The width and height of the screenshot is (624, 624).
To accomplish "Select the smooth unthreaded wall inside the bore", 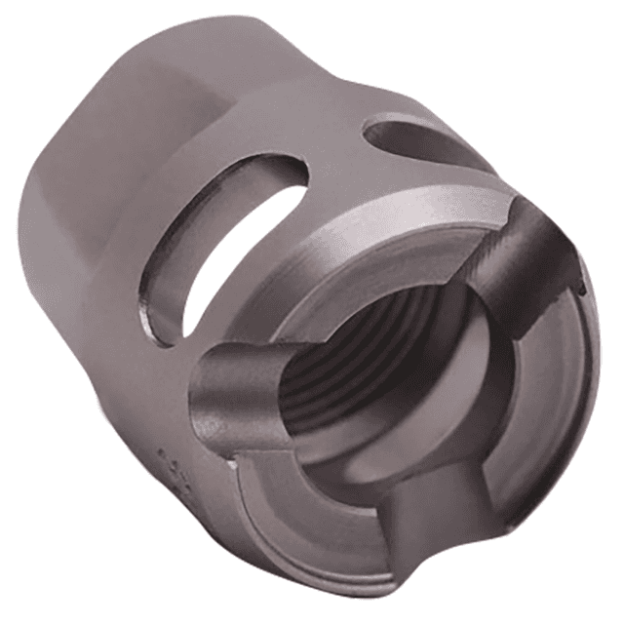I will click(439, 390).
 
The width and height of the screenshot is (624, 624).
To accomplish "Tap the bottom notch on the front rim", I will click(429, 531).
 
